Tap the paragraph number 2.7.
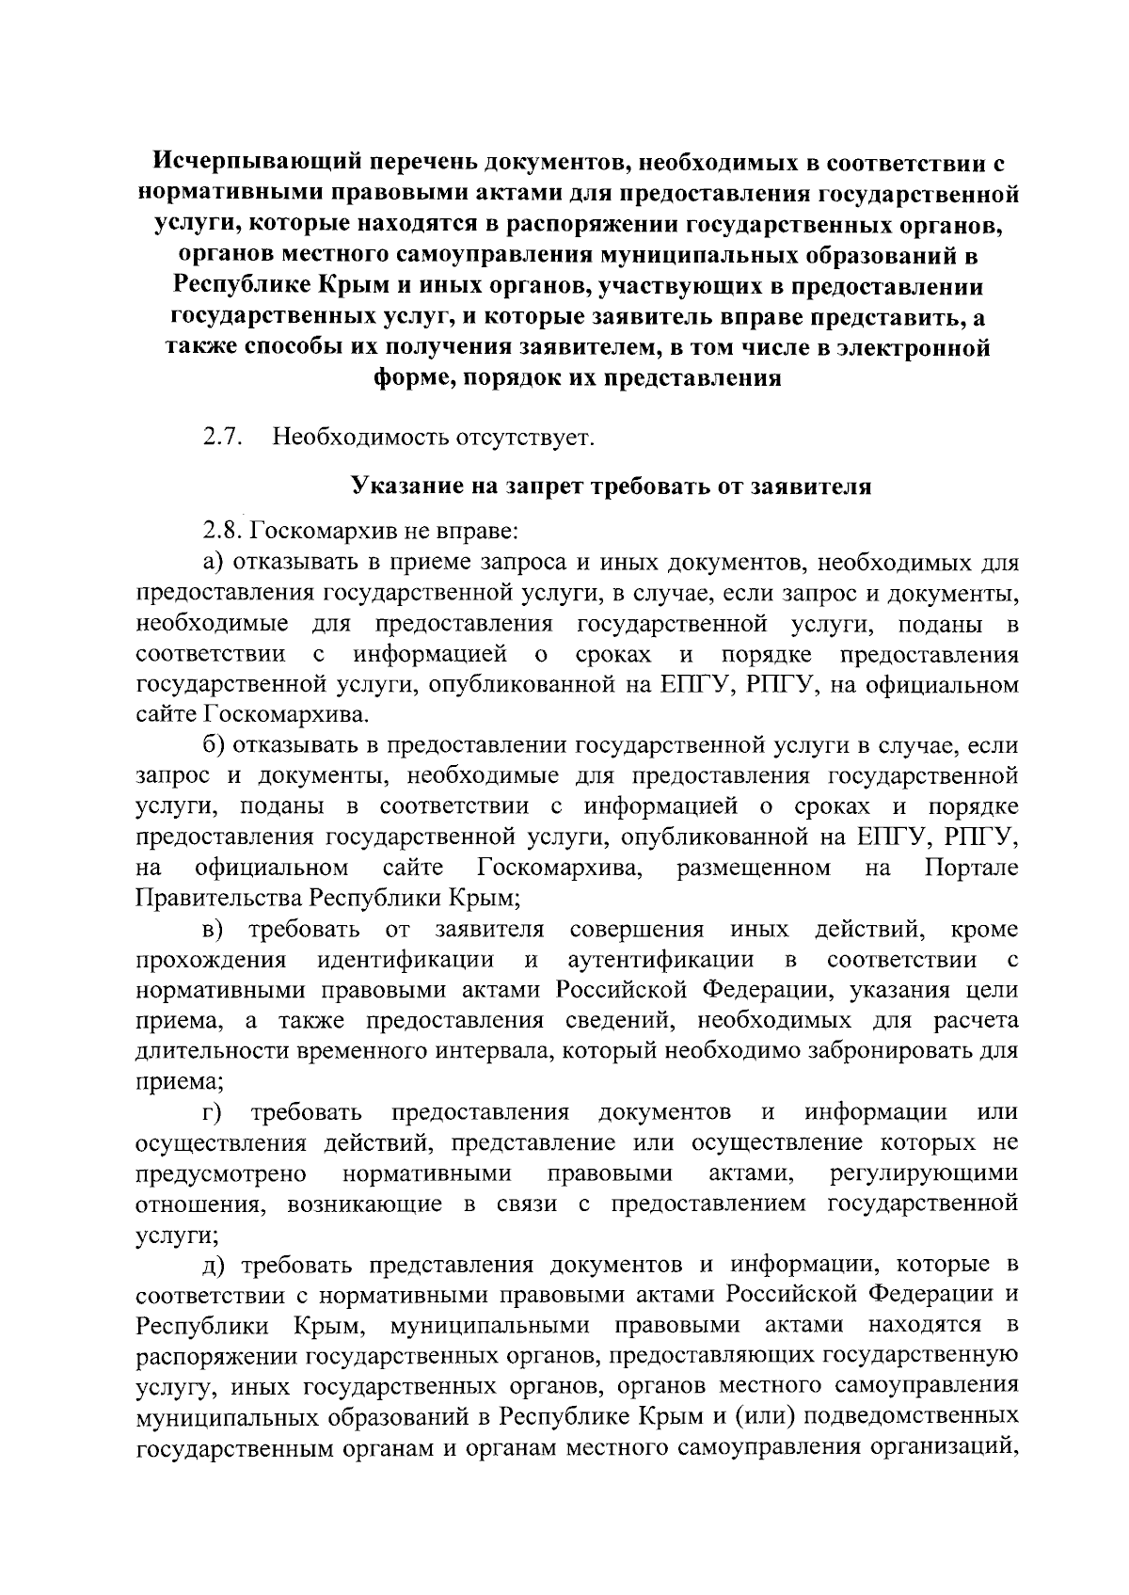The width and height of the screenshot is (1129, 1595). (224, 438)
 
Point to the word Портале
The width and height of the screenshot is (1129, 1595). (972, 867)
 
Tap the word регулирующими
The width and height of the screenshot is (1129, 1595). (925, 1173)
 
